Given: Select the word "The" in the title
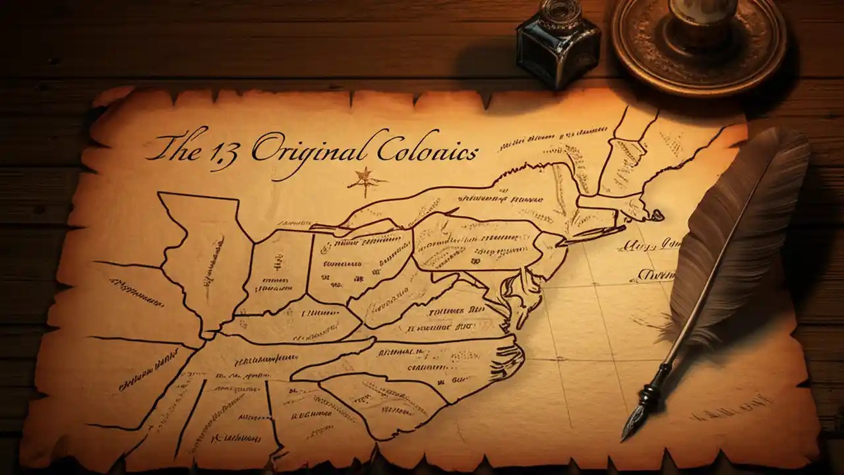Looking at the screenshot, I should [177, 146].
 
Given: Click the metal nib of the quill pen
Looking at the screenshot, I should [632, 422].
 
